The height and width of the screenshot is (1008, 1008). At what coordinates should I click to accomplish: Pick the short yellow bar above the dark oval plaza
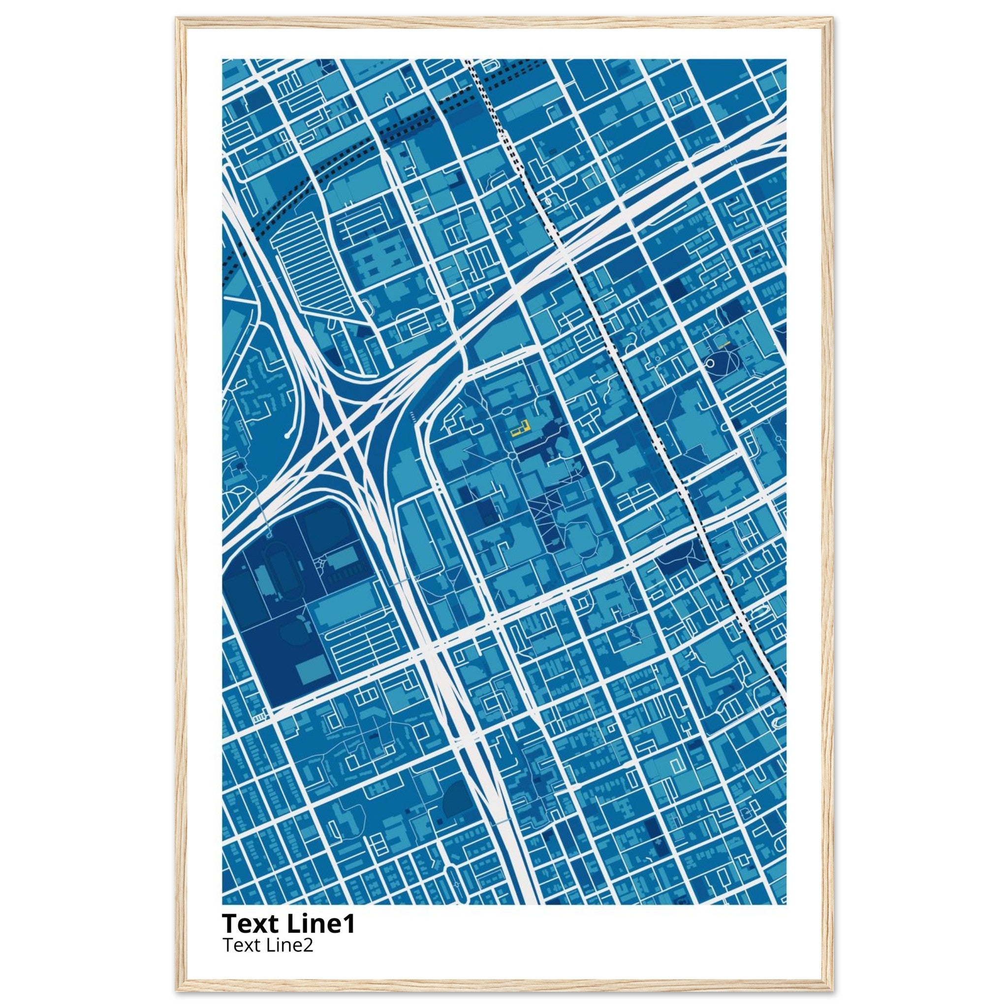pyautogui.click(x=723, y=345)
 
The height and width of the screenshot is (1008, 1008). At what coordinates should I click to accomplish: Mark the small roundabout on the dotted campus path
pyautogui.click(x=513, y=457)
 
